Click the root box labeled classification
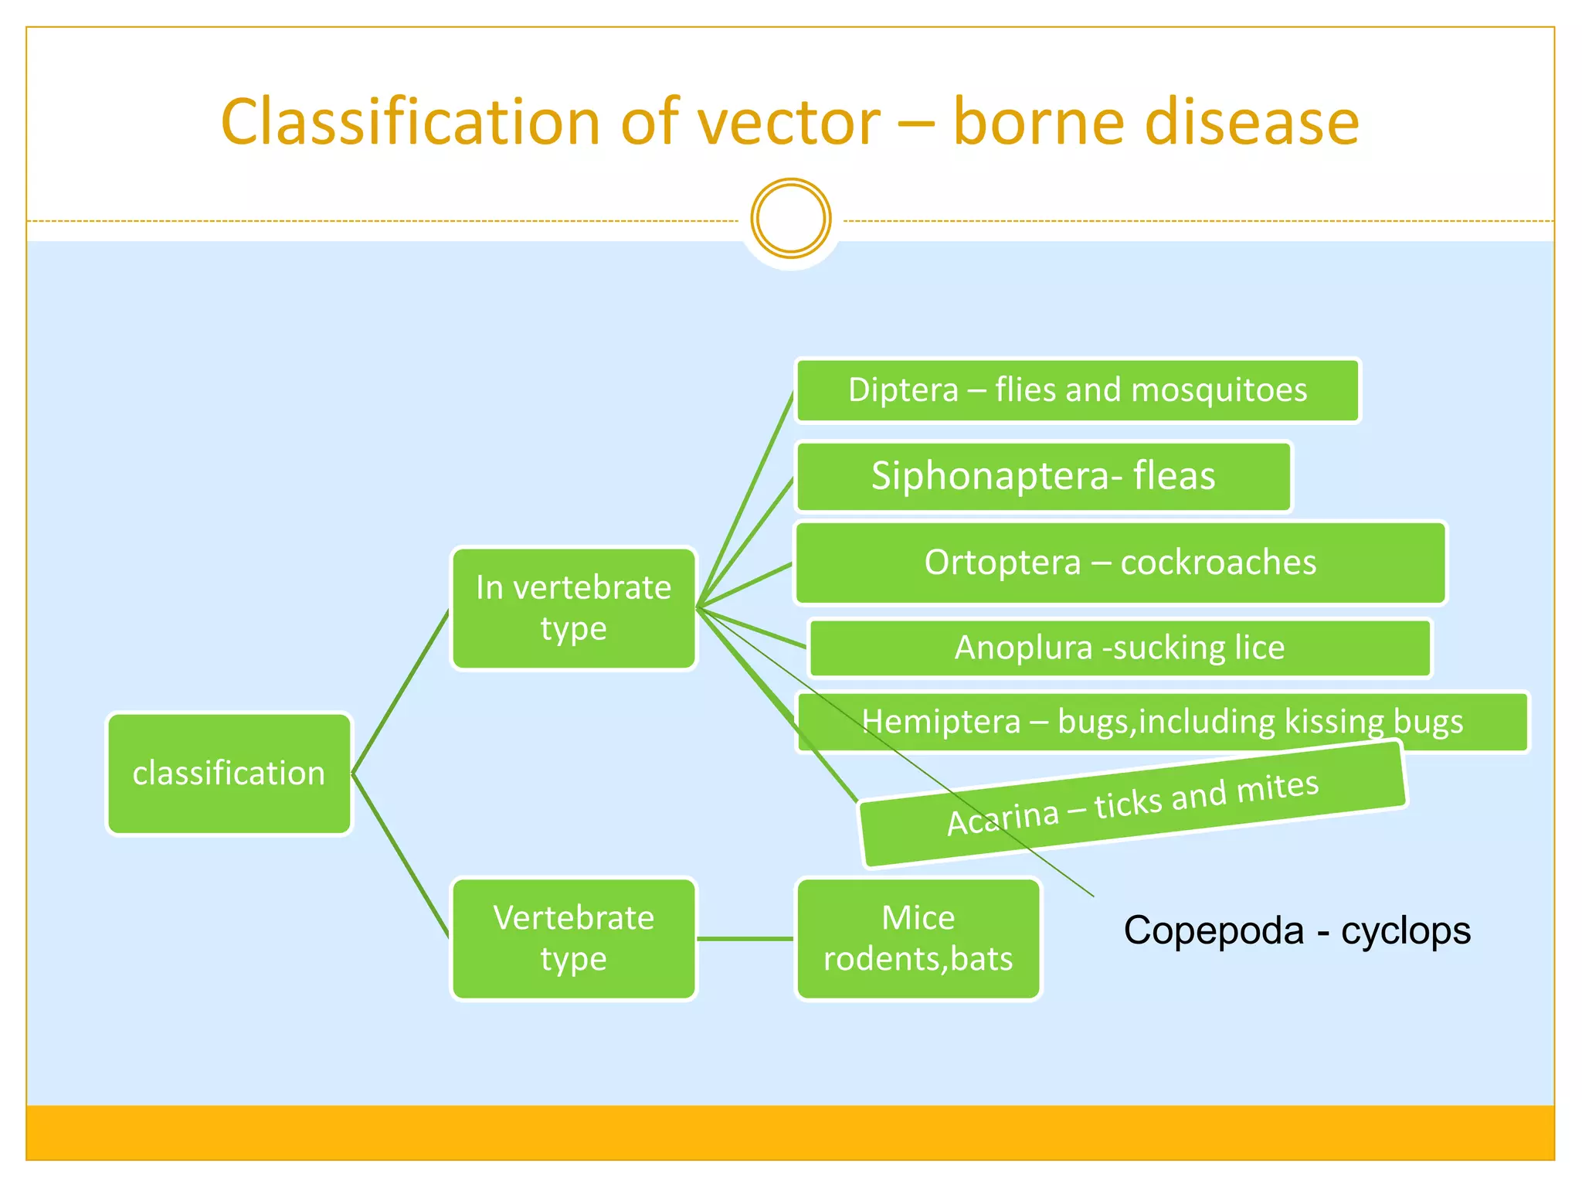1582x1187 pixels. [x=229, y=774]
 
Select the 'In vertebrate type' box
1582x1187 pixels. [x=573, y=608]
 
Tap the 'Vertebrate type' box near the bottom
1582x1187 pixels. [x=573, y=938]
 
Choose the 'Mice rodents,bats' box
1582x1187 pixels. [x=918, y=938]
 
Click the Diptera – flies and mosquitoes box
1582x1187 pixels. [x=1077, y=390]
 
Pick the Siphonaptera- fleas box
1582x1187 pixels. [x=1043, y=476]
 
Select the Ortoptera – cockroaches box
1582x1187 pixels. [x=1120, y=563]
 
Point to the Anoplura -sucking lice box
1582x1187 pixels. [x=1119, y=648]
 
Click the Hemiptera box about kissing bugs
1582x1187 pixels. [x=1162, y=722]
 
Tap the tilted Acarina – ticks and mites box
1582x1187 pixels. [x=1132, y=804]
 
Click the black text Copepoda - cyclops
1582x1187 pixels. [x=1296, y=930]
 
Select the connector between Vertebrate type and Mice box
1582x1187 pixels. [x=745, y=939]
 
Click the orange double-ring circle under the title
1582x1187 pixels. [x=790, y=219]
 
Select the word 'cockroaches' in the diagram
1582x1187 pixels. [x=1218, y=563]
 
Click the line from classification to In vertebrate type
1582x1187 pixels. [x=400, y=692]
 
